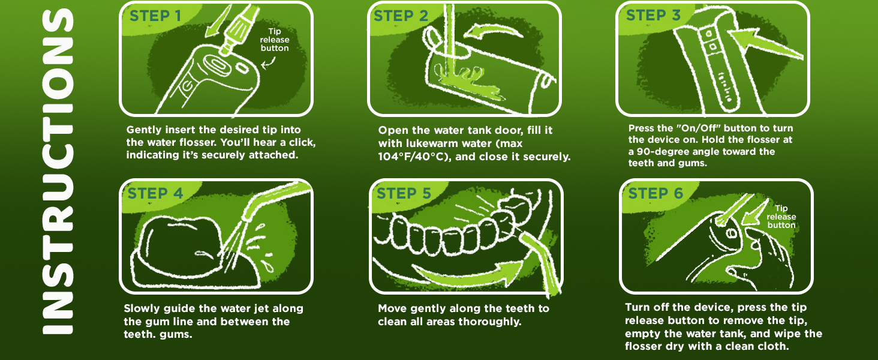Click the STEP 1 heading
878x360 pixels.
[155, 16]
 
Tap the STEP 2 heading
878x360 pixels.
[401, 16]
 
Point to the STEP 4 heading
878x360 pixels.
[155, 193]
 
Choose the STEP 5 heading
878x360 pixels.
[404, 194]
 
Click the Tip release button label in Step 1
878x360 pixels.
[275, 40]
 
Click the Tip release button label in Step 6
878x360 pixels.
[781, 217]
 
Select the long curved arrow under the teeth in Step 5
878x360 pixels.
[468, 275]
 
